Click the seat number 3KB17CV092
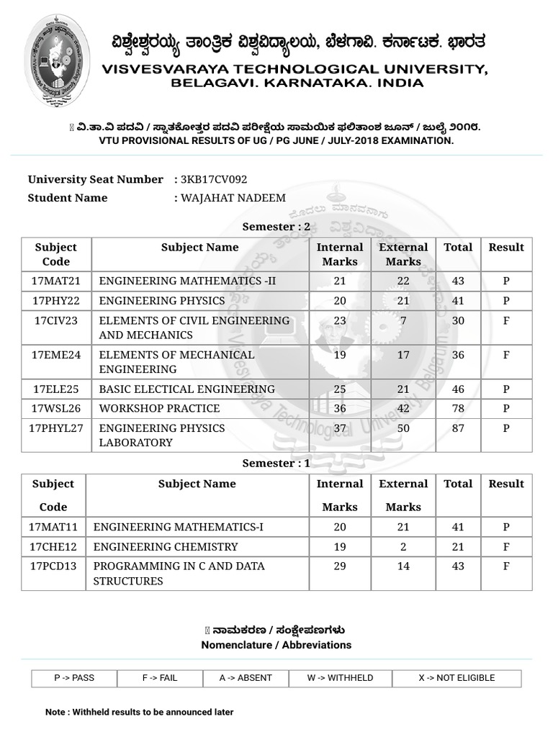[x=215, y=179]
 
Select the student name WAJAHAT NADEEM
[x=233, y=198]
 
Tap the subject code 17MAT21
[x=56, y=281]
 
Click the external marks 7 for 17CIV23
[x=403, y=320]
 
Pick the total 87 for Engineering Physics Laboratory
[x=458, y=428]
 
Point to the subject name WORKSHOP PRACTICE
[x=159, y=408]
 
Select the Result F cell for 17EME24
[x=506, y=355]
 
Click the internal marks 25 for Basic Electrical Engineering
[x=340, y=389]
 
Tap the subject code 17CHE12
[x=53, y=546]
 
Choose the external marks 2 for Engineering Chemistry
[x=403, y=546]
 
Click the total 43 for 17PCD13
[x=458, y=566]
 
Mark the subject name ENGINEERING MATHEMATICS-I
[x=179, y=527]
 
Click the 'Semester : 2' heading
[x=276, y=227]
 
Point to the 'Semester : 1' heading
[x=276, y=464]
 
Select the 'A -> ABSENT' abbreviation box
[x=246, y=678]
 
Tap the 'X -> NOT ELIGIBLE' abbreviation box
[x=457, y=678]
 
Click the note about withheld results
[x=140, y=712]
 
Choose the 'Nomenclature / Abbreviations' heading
[x=276, y=645]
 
